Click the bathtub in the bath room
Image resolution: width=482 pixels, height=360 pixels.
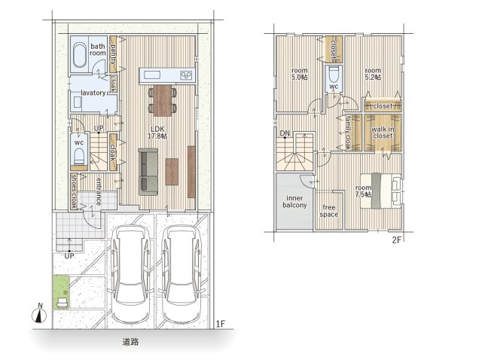80,55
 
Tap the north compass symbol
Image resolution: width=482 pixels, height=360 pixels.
40,313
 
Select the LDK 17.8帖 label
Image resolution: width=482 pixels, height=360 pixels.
157,133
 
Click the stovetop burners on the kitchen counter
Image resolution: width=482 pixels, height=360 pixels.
186,75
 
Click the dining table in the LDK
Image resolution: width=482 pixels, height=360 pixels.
163,100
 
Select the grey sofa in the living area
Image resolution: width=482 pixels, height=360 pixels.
148,172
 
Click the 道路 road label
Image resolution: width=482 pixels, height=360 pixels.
130,342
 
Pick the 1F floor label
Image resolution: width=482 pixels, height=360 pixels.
221,324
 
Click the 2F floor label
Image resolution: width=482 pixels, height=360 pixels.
397,239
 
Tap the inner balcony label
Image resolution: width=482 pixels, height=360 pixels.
294,202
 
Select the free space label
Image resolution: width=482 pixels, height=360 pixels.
329,211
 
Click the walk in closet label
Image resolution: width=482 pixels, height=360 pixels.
383,133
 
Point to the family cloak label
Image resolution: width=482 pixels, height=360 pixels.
348,133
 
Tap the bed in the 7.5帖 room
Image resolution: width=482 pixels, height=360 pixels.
381,191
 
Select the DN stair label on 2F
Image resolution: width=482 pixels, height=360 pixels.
285,133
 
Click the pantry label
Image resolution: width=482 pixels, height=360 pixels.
114,54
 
